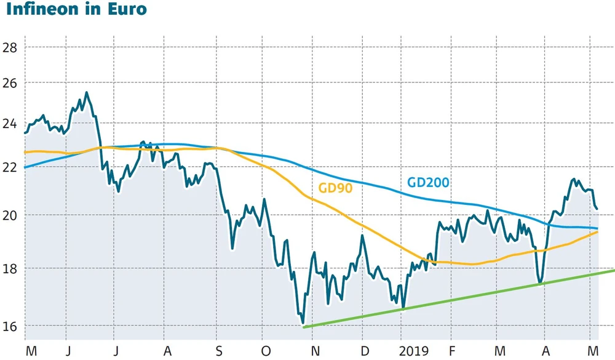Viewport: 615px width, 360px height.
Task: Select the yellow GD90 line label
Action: tap(336, 188)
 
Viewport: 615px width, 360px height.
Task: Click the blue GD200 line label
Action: tap(428, 182)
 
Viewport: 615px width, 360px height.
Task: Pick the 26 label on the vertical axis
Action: tap(10, 83)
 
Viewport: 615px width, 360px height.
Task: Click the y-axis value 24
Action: tap(10, 124)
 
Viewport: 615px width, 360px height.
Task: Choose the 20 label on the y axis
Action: tap(10, 215)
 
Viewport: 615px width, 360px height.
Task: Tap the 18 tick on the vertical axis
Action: tap(10, 270)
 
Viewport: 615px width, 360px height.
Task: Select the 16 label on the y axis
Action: tap(10, 326)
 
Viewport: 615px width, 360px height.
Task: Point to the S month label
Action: tap(219, 350)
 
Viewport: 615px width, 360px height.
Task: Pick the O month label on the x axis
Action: tap(266, 350)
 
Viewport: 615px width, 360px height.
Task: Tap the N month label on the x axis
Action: tap(315, 350)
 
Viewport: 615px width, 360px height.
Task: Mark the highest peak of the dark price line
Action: tap(86, 93)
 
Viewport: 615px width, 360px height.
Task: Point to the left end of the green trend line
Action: tap(304, 327)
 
